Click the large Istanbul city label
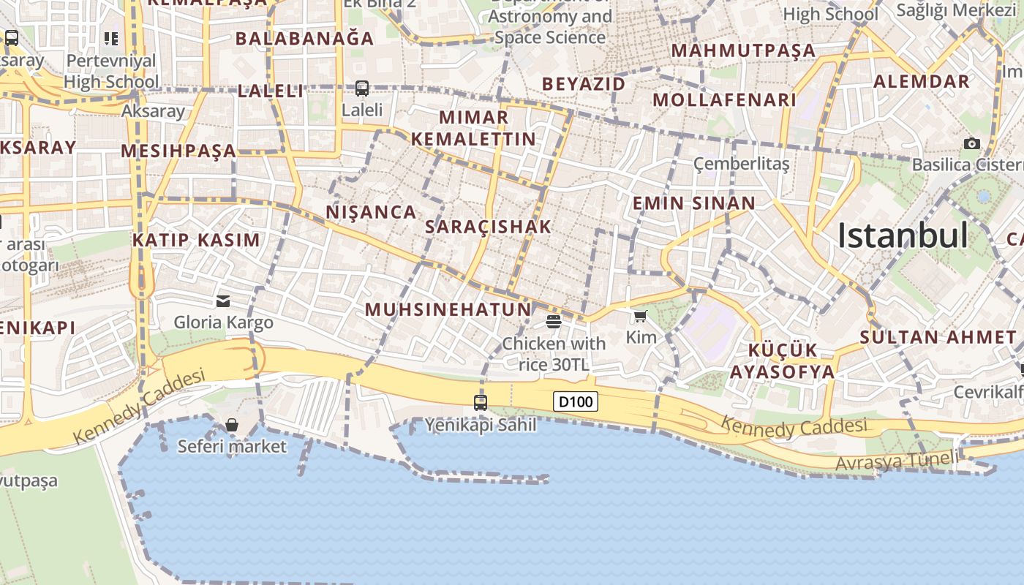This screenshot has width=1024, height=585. click(x=903, y=236)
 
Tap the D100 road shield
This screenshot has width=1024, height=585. click(x=576, y=401)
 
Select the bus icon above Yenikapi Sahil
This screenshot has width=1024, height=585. click(x=481, y=402)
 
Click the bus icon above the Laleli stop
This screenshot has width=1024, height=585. click(x=362, y=88)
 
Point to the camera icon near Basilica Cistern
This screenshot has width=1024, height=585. click(x=972, y=143)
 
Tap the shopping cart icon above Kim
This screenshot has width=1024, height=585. click(x=641, y=316)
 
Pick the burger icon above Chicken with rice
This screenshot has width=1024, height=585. click(x=554, y=322)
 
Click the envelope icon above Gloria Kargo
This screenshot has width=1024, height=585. click(x=223, y=301)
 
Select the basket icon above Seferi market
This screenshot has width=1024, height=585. click(x=232, y=425)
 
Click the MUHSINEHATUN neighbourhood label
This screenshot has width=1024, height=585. click(x=448, y=309)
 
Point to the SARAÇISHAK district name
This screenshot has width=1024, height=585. click(x=488, y=227)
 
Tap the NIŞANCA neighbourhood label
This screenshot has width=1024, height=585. click(x=371, y=212)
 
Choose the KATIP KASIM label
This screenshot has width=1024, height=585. click(x=196, y=240)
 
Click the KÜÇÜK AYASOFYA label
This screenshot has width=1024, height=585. click(x=782, y=361)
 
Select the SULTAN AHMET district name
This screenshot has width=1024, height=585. click(x=938, y=337)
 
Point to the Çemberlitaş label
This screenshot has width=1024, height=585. click(x=742, y=164)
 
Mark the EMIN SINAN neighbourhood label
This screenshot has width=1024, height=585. click(x=693, y=203)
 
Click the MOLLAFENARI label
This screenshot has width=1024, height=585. click(x=724, y=99)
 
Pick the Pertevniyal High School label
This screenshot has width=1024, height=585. click(x=111, y=71)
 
